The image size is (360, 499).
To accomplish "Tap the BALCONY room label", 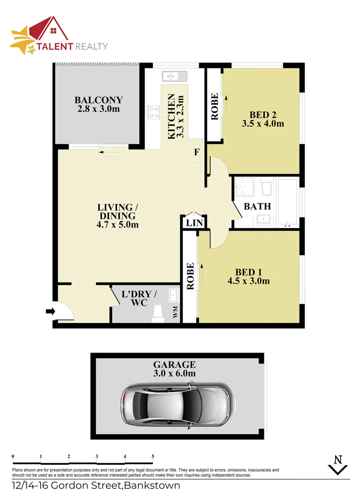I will tap(98, 100).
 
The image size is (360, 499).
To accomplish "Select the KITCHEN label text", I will tap(171, 116).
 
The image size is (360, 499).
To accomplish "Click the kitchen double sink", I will tap(173, 76).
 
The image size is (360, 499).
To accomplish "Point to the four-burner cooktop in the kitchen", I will tap(153, 112).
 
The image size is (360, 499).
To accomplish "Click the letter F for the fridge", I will tap(196, 152).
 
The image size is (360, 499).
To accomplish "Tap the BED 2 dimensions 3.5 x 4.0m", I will tap(262, 123).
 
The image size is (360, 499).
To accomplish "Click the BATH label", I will tap(257, 207).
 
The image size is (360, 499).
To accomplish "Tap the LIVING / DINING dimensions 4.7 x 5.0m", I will tap(117, 225).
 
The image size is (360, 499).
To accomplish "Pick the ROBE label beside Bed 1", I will tap(190, 277).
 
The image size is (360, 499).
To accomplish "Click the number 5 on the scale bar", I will tap(153, 456).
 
